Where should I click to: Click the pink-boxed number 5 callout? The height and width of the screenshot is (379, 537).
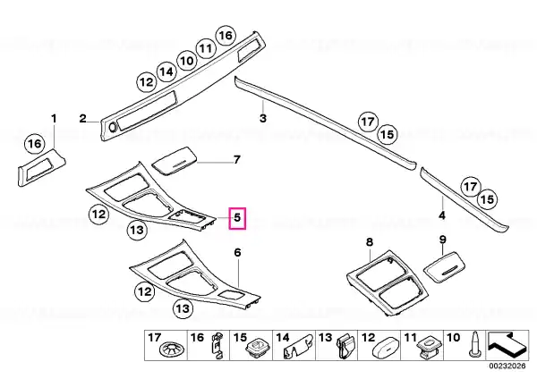coord(237,218)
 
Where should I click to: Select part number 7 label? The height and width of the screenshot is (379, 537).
coord(236,160)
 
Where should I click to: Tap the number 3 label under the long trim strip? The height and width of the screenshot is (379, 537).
coord(262,118)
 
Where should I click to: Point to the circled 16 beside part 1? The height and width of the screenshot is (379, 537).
coord(35,144)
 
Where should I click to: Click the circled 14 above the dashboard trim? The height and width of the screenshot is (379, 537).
coord(166,72)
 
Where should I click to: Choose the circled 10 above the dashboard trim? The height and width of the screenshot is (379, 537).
coord(186,61)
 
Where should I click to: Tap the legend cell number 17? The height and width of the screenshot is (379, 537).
coord(154,338)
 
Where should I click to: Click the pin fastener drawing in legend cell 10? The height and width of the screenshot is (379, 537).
coord(475,344)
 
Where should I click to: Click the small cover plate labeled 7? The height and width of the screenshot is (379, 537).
coord(175,161)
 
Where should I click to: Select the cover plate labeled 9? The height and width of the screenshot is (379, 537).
coord(445,267)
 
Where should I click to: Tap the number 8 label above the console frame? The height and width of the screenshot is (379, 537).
coord(369,242)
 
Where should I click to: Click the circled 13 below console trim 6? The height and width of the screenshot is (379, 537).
coord(183,308)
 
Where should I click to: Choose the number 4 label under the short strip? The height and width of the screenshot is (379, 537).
coord(442,215)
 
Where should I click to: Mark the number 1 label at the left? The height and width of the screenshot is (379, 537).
coord(54,119)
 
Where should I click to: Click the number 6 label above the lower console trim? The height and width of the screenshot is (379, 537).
coord(237,252)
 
